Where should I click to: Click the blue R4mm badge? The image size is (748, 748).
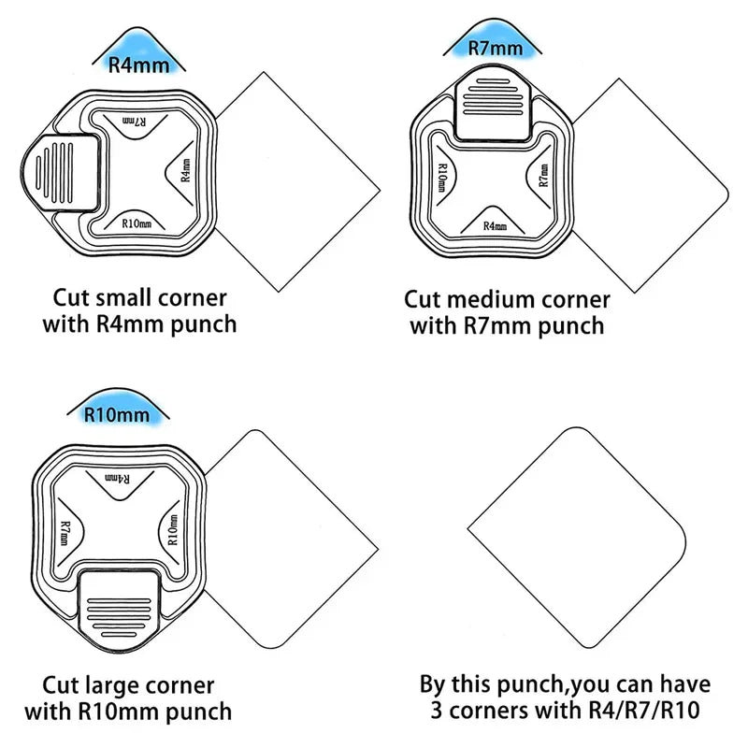[138, 53]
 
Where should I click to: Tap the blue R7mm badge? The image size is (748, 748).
[495, 40]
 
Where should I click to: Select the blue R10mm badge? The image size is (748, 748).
[118, 407]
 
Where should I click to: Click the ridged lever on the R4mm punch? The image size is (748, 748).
[61, 173]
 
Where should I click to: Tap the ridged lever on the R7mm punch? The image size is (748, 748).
[493, 108]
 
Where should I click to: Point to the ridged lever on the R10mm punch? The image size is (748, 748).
[120, 610]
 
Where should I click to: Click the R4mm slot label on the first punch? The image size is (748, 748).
[186, 170]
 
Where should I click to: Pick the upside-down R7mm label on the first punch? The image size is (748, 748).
[135, 122]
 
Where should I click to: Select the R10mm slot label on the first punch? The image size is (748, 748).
[137, 223]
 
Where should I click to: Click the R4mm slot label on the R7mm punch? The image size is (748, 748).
[495, 225]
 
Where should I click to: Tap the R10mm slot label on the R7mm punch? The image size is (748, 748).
[442, 178]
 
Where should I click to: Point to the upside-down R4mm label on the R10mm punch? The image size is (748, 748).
[117, 479]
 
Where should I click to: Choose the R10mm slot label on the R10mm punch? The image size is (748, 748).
[173, 529]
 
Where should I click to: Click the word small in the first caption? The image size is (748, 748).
[123, 298]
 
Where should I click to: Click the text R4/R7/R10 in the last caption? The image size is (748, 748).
[644, 710]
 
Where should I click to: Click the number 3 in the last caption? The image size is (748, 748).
[437, 710]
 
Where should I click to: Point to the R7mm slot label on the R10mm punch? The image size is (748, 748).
[65, 533]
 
